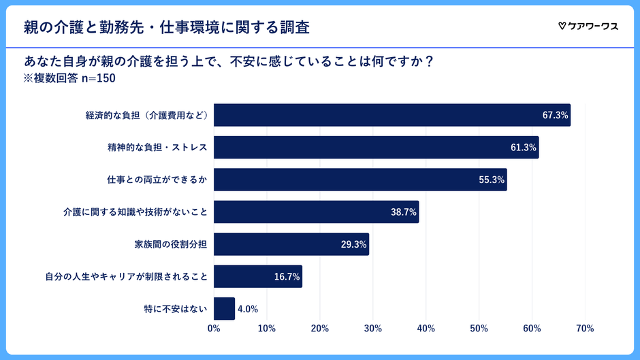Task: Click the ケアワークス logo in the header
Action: [588, 27]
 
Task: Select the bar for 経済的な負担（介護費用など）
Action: [391, 115]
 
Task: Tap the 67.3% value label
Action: [555, 115]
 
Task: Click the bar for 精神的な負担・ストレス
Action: [376, 147]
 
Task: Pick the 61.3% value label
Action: [523, 148]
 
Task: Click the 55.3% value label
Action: [492, 180]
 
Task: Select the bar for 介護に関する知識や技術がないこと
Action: [316, 212]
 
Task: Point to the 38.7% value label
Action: [403, 212]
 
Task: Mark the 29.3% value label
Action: [353, 244]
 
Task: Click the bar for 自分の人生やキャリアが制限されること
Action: [257, 276]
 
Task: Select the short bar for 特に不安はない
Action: [224, 308]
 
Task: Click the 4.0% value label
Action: [248, 309]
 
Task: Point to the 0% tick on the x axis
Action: [214, 329]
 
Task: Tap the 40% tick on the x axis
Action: [426, 329]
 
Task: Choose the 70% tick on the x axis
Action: [584, 329]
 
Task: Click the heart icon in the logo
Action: [562, 27]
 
